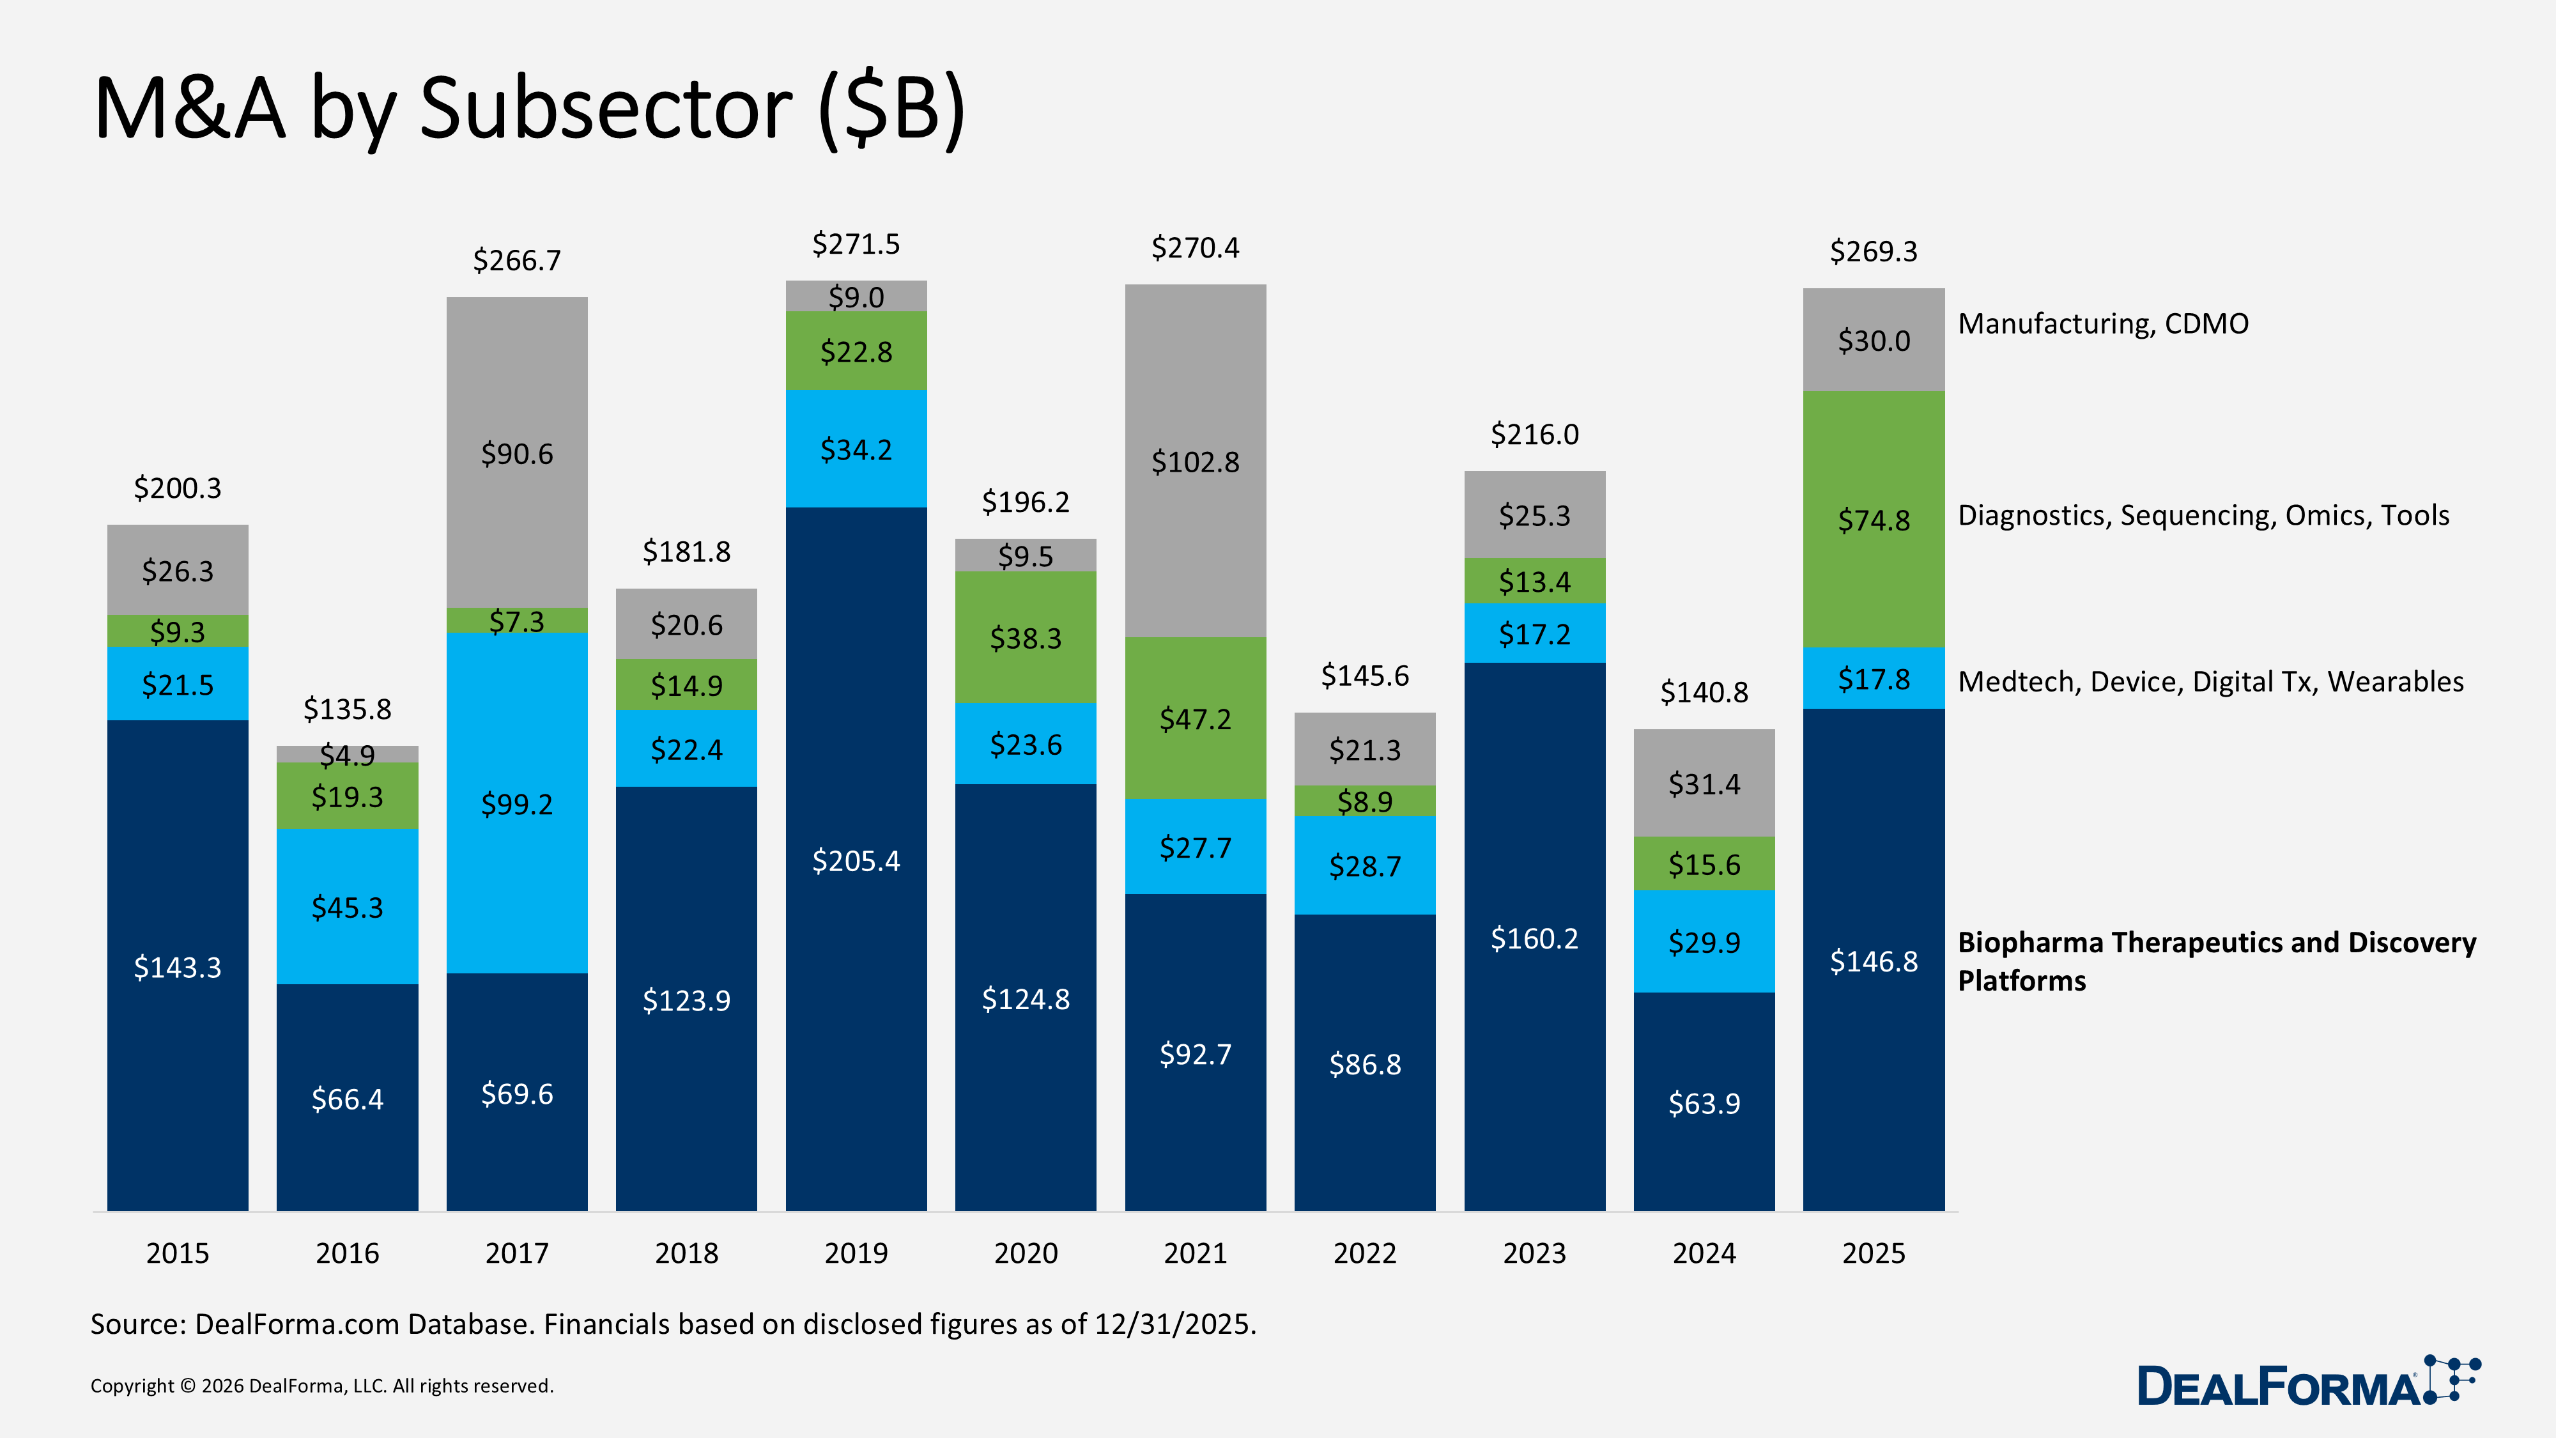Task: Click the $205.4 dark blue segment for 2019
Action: click(856, 860)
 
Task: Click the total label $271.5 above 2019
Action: click(856, 244)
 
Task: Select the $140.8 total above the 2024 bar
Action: click(1703, 692)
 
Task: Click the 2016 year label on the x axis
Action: click(346, 1253)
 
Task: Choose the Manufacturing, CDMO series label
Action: click(2102, 323)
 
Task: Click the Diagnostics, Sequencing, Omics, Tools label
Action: click(2202, 515)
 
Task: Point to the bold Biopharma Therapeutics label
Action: click(2215, 960)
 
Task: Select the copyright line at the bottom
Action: click(321, 1386)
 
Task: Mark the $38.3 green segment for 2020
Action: click(1025, 637)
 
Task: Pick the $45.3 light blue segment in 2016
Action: click(346, 906)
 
